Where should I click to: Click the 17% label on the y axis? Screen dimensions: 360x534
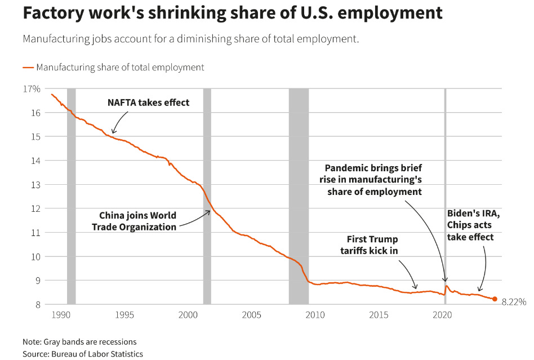(x=32, y=89)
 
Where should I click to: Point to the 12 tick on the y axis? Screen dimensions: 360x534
(x=35, y=208)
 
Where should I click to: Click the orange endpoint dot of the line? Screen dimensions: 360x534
(x=495, y=299)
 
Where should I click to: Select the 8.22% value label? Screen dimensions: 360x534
(x=514, y=302)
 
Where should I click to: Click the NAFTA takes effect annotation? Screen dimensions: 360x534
(x=149, y=103)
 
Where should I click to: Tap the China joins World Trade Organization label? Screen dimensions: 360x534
(x=137, y=221)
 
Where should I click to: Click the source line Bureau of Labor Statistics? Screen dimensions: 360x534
(x=83, y=354)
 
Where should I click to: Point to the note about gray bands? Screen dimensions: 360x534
(x=79, y=342)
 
